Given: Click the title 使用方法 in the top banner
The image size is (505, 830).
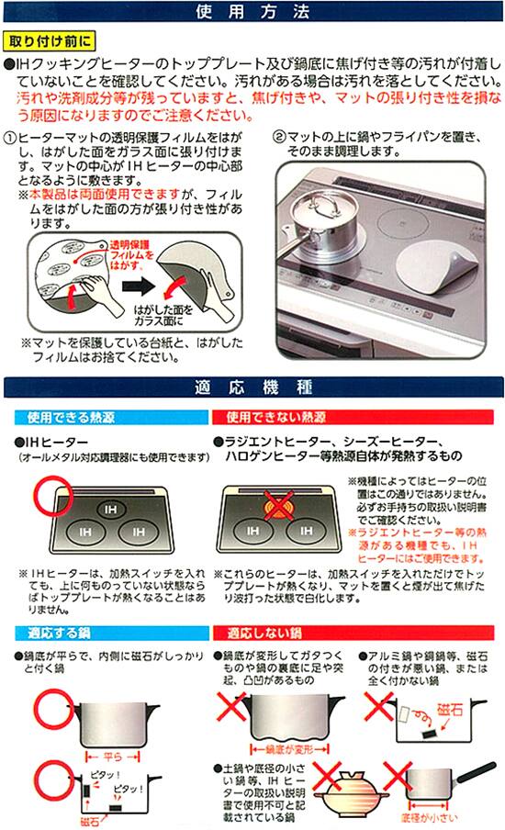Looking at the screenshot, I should [x=252, y=13].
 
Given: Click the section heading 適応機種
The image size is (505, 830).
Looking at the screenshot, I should [x=252, y=384].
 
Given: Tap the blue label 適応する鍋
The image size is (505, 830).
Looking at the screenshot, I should [x=52, y=634].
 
